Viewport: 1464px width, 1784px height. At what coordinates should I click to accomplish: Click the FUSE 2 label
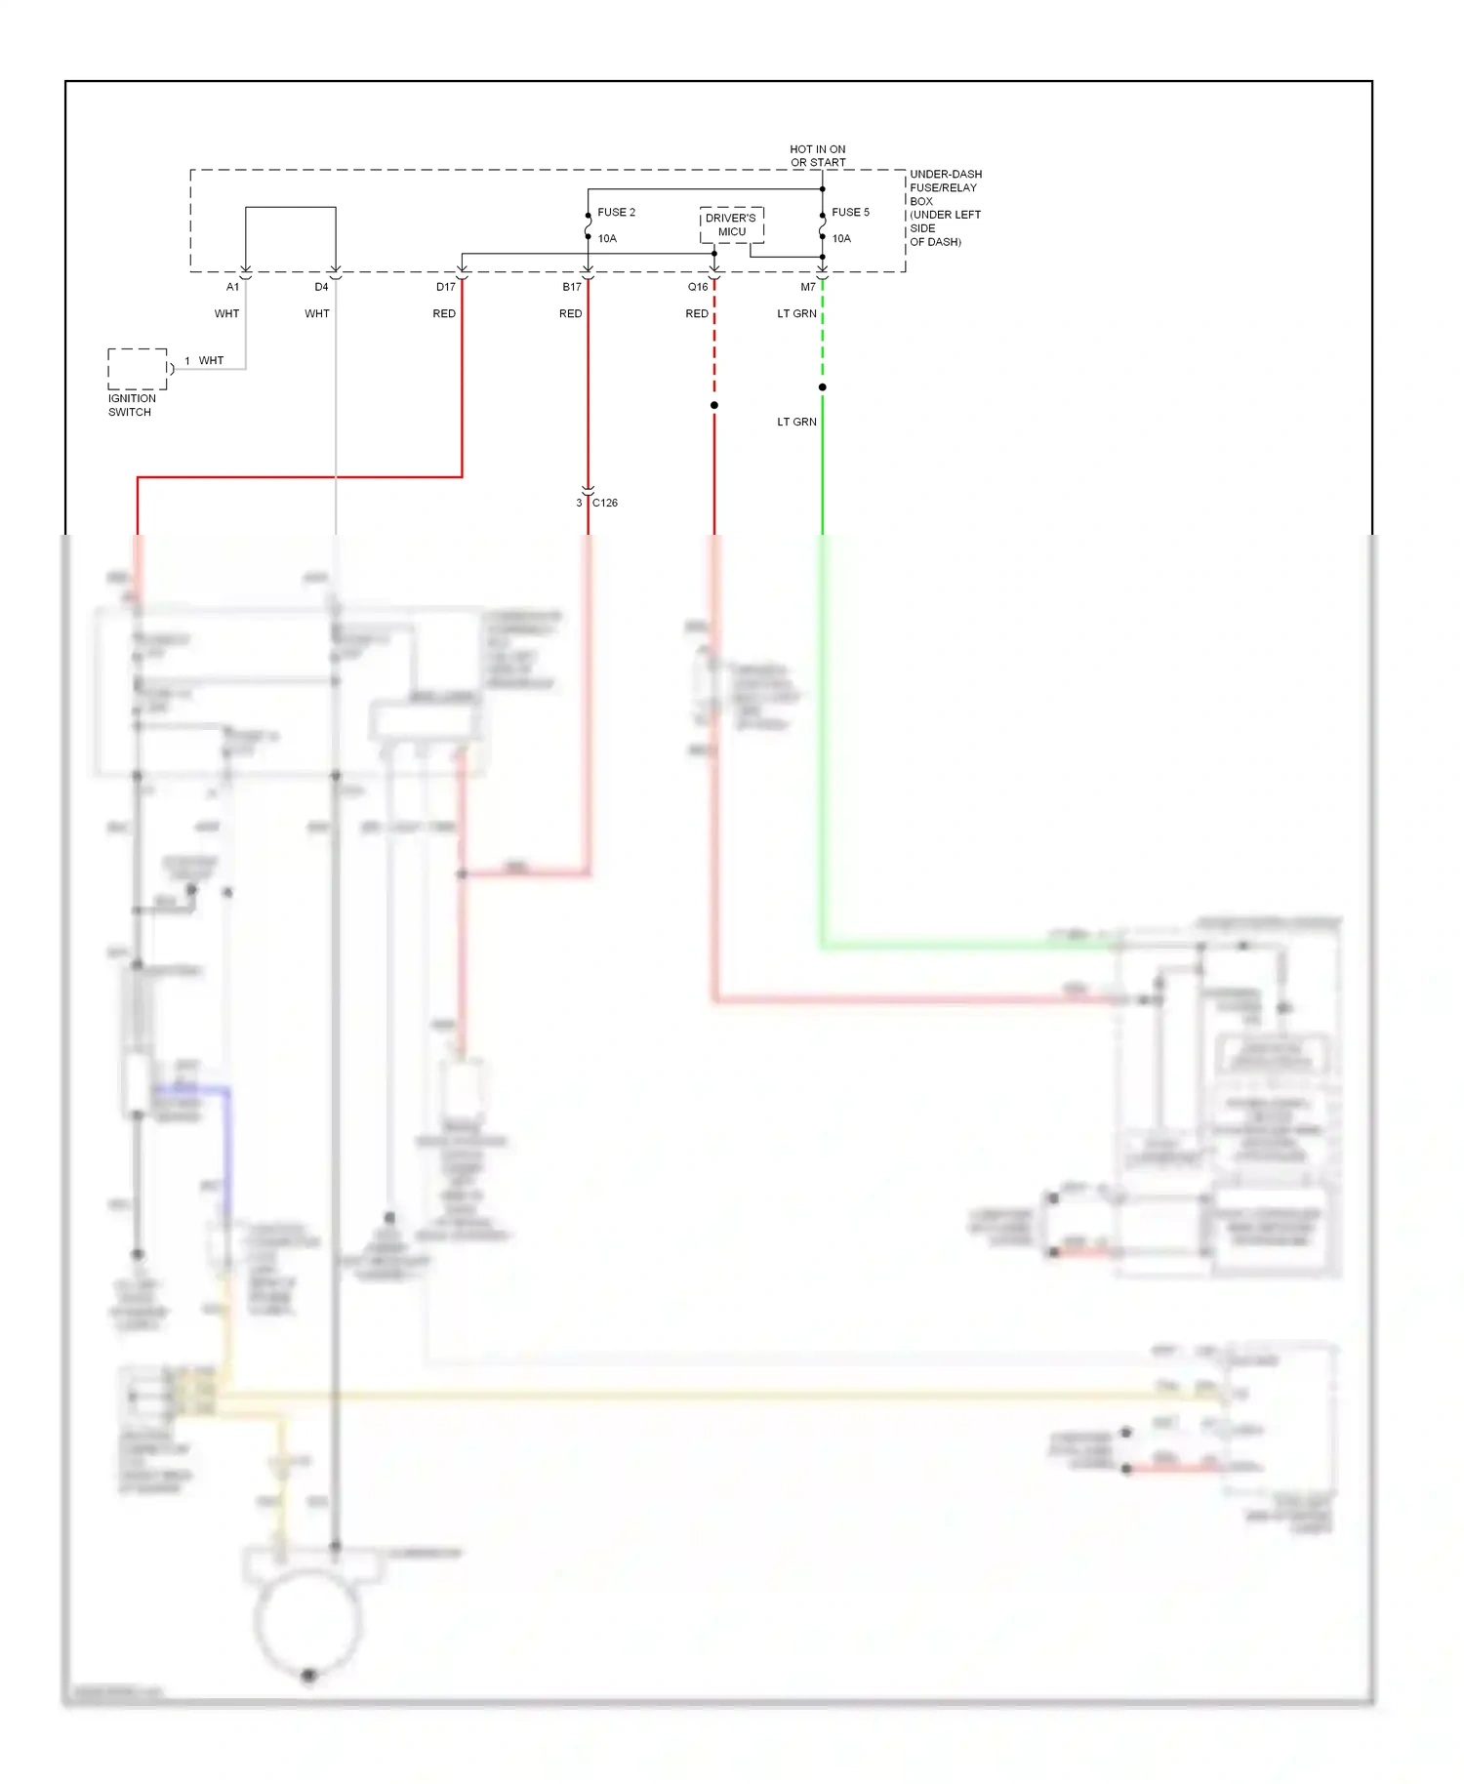(x=616, y=212)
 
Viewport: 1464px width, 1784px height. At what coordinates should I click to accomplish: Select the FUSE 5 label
(x=850, y=212)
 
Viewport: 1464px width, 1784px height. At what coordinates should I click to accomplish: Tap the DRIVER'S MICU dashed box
(x=731, y=224)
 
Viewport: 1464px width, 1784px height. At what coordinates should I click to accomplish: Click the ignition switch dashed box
(x=138, y=369)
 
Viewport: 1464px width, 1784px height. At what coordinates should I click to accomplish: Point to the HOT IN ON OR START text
(x=818, y=156)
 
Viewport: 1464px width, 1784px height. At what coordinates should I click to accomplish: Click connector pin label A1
(x=232, y=287)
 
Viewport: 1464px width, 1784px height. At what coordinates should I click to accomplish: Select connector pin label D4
(x=321, y=287)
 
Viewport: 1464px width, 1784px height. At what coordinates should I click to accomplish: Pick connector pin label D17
(x=445, y=287)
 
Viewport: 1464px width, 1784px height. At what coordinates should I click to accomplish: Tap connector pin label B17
(x=572, y=287)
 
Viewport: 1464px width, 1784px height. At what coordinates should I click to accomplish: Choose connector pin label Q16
(x=698, y=287)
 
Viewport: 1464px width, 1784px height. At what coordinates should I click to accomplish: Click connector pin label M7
(x=808, y=287)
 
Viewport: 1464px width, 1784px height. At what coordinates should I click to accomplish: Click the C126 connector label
(x=605, y=503)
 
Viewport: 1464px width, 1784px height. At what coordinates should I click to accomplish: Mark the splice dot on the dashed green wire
(x=823, y=387)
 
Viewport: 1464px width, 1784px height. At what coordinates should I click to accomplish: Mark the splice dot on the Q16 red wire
(x=714, y=405)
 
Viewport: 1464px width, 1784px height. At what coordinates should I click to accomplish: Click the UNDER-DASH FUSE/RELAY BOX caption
(x=945, y=208)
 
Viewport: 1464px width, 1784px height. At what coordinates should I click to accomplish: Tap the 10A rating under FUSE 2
(x=607, y=238)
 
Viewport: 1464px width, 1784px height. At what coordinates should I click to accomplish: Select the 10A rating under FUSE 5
(x=841, y=238)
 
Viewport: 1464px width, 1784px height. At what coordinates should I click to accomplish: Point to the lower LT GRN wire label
(x=796, y=422)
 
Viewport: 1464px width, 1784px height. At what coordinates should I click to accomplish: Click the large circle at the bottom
(x=308, y=1620)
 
